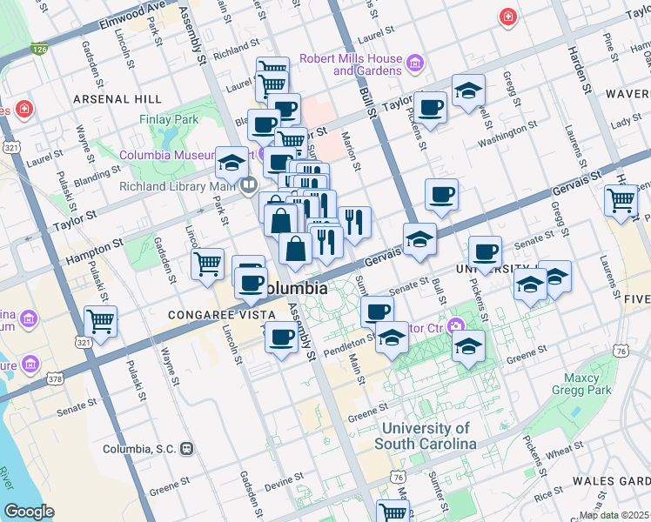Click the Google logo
point(29,512)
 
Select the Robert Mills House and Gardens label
point(351,64)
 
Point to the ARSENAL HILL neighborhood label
point(119,99)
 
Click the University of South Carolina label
point(428,436)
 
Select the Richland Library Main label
point(178,185)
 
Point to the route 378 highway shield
point(55,378)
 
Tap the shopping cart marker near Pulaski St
point(100,320)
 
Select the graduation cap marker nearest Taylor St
point(468,90)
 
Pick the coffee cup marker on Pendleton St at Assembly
point(280,337)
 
